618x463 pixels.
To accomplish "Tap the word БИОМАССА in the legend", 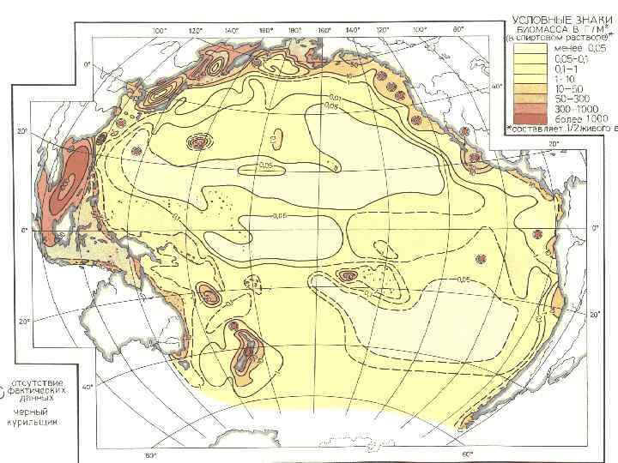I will coord(536,28).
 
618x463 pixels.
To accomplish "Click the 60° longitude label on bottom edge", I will coord(467,454).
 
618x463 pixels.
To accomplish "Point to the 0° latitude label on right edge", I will coord(597,228).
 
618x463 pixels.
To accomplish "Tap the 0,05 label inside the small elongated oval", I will coord(266,165).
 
